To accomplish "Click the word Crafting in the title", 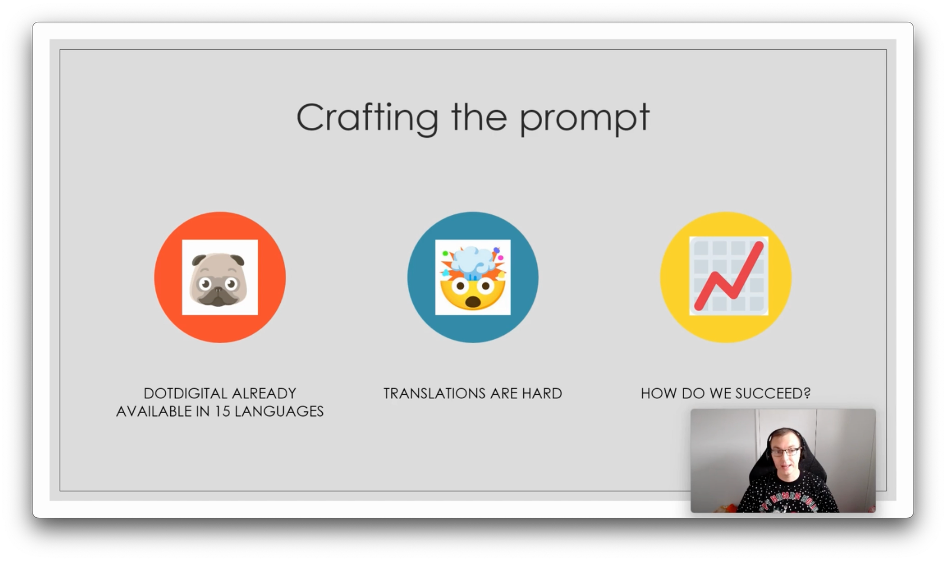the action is (x=367, y=118).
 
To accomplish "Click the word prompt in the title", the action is (x=585, y=119).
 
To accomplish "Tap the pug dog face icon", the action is (x=218, y=279).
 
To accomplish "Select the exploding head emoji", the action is (x=472, y=278).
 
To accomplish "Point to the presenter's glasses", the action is (x=786, y=452).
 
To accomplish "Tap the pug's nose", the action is (x=218, y=291).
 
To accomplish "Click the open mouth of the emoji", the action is (x=472, y=302).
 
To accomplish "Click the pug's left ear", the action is (x=199, y=260).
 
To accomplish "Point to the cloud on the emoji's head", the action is (x=472, y=261).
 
